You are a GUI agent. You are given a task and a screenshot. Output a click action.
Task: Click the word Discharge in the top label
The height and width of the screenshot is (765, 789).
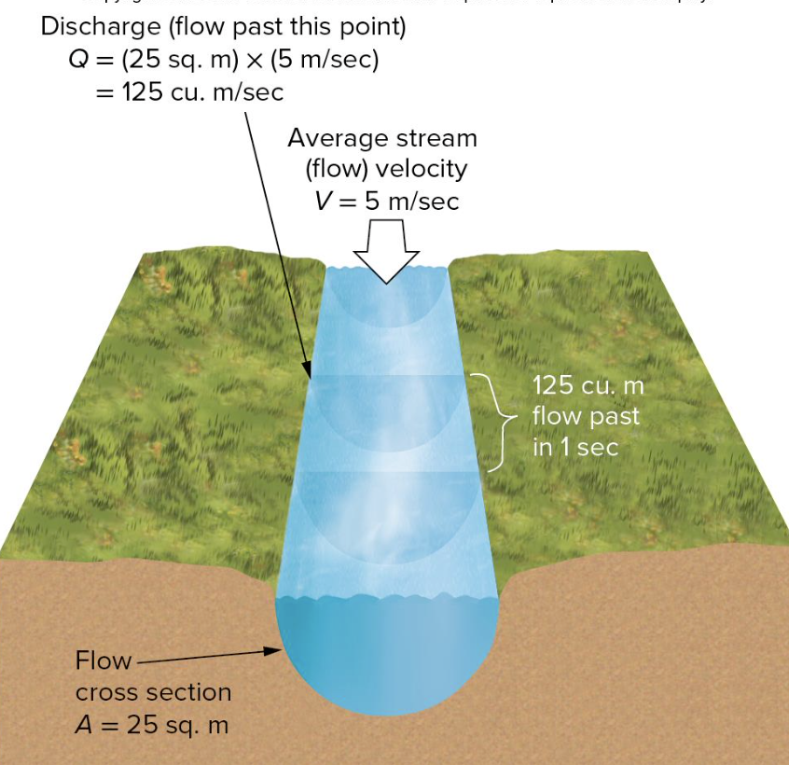(x=100, y=27)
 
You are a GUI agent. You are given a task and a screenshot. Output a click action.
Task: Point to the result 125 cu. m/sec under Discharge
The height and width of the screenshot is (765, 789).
(x=203, y=92)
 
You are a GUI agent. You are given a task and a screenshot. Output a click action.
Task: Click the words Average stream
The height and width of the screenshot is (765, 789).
(x=381, y=138)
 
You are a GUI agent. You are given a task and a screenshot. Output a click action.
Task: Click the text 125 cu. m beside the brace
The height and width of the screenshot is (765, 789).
(x=588, y=385)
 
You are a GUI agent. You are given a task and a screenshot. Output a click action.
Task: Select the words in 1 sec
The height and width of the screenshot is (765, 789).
(x=574, y=447)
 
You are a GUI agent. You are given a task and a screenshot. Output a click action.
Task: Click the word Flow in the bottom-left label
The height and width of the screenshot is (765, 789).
(x=103, y=661)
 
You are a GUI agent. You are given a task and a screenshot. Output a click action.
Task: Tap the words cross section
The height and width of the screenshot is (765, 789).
(x=153, y=693)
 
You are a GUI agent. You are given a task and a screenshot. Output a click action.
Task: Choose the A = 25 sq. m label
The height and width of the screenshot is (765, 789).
(x=151, y=725)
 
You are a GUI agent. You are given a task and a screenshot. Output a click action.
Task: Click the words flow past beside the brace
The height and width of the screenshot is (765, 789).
(x=586, y=416)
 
